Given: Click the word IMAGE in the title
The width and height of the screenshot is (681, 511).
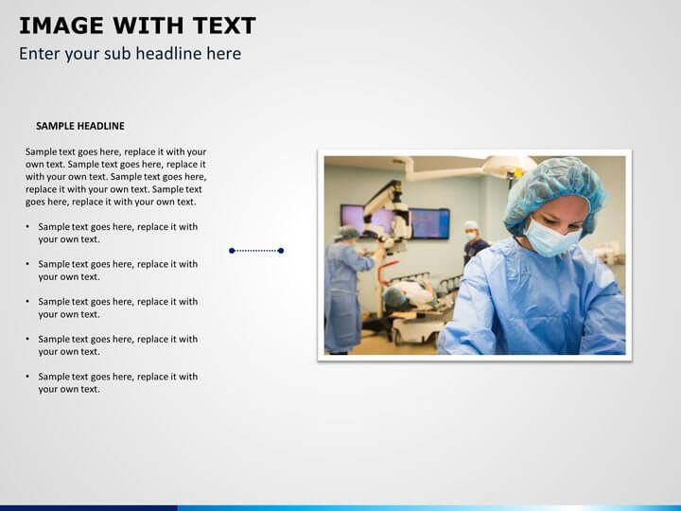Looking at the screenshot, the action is tap(61, 26).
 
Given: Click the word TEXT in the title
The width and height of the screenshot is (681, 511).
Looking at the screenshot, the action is tap(224, 26).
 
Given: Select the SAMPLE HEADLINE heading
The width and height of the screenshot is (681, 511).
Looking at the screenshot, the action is tap(80, 126).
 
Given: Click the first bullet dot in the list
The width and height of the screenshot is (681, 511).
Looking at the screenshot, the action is tap(27, 226).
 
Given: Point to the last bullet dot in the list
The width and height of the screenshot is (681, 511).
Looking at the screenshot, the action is tap(27, 377).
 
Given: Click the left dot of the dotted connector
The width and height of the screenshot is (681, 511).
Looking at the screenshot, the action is tap(232, 251).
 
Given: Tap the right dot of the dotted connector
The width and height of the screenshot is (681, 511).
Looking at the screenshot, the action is tap(281, 251).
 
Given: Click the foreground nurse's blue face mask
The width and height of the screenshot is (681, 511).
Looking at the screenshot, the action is tap(550, 238).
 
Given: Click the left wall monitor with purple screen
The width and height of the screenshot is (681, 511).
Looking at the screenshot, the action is tap(365, 220).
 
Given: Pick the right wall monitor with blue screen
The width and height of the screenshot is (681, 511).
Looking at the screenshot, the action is tap(429, 223).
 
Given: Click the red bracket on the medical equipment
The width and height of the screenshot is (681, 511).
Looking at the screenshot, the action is tap(387, 272).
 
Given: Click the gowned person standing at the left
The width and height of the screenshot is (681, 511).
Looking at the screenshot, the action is tap(344, 290).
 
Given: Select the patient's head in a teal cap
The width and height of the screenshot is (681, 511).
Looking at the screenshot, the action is tap(395, 298).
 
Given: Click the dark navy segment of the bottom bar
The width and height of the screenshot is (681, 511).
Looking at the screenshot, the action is tap(89, 508).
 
